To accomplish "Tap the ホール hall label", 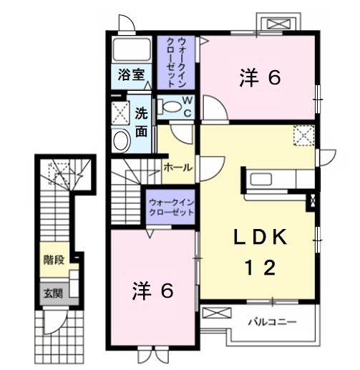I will (177, 167).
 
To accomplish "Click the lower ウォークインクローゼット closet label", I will (171, 208).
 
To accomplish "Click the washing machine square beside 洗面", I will (120, 111).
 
